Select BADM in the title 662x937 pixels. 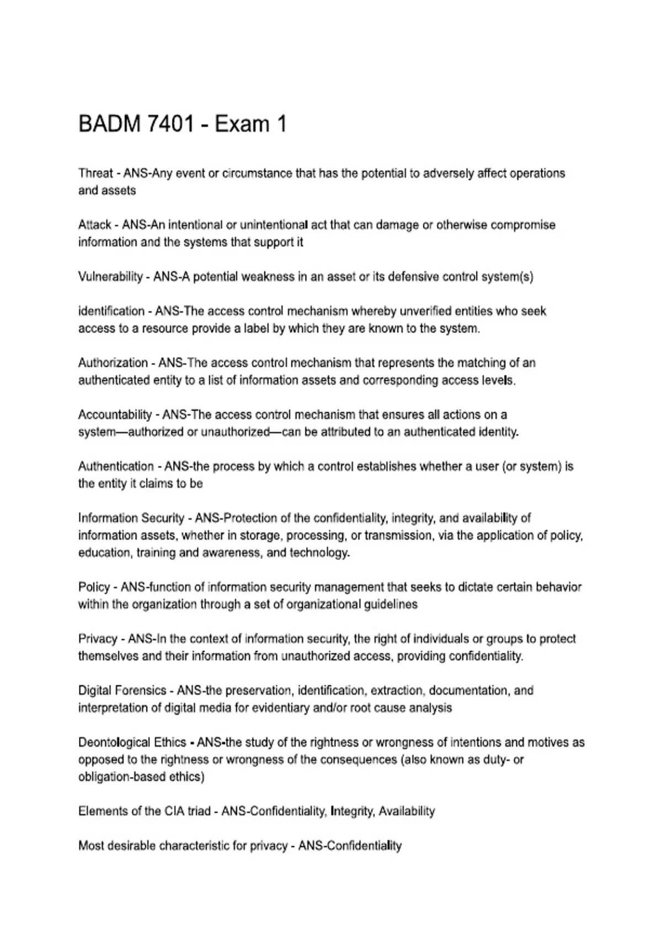pyautogui.click(x=110, y=125)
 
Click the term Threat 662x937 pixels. pyautogui.click(x=95, y=173)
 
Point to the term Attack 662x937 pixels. pyautogui.click(x=95, y=225)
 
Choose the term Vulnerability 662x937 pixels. pyautogui.click(x=110, y=277)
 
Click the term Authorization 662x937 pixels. pyautogui.click(x=113, y=363)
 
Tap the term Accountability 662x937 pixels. pyautogui.click(x=115, y=414)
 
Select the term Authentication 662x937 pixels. pyautogui.click(x=116, y=466)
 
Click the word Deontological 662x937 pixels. pyautogui.click(x=113, y=742)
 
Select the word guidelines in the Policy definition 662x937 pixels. pyautogui.click(x=391, y=604)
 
